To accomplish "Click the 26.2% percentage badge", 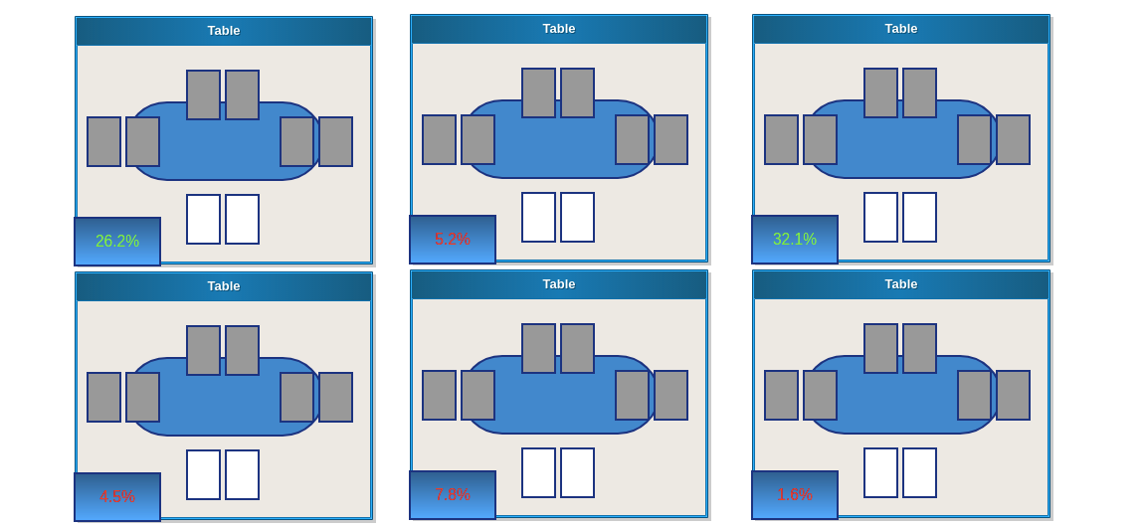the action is tap(117, 242).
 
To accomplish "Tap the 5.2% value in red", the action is tap(453, 240).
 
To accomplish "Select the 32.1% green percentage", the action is tap(795, 240).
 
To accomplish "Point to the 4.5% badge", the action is tap(117, 497).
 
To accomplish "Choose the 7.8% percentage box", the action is tap(453, 495).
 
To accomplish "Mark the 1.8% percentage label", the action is tap(795, 495).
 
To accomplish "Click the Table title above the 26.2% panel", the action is tap(224, 31).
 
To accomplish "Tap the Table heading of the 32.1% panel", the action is tap(901, 29).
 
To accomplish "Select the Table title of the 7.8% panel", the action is tap(559, 284).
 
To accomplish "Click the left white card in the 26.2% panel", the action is tap(203, 219).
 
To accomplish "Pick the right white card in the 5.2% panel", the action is tap(577, 217).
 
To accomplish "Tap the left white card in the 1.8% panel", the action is tap(880, 472).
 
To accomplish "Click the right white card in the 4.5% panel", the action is tap(242, 474).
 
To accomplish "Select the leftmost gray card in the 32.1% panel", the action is tap(781, 139).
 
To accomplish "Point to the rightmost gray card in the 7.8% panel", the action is tap(670, 395).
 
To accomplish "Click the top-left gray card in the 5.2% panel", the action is tap(538, 92).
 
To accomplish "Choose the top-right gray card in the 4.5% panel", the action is tap(242, 350).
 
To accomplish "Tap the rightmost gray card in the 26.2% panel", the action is tap(335, 141).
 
